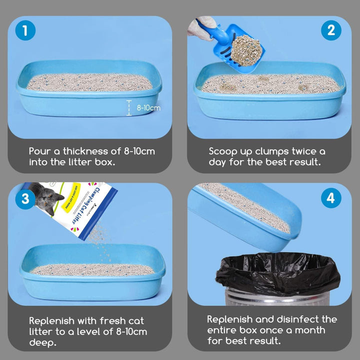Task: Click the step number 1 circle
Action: point(25,30)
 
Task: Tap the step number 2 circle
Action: point(331,30)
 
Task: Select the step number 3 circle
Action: point(25,199)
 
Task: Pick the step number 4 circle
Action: point(331,198)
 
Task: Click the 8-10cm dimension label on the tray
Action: point(148,107)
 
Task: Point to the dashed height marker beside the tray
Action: point(129,107)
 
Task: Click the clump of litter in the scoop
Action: point(246,50)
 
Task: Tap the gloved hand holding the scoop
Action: point(201,27)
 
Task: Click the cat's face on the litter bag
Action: point(47,198)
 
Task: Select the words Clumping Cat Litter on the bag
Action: point(85,205)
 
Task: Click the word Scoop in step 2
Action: point(222,152)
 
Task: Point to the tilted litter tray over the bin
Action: point(244,216)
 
